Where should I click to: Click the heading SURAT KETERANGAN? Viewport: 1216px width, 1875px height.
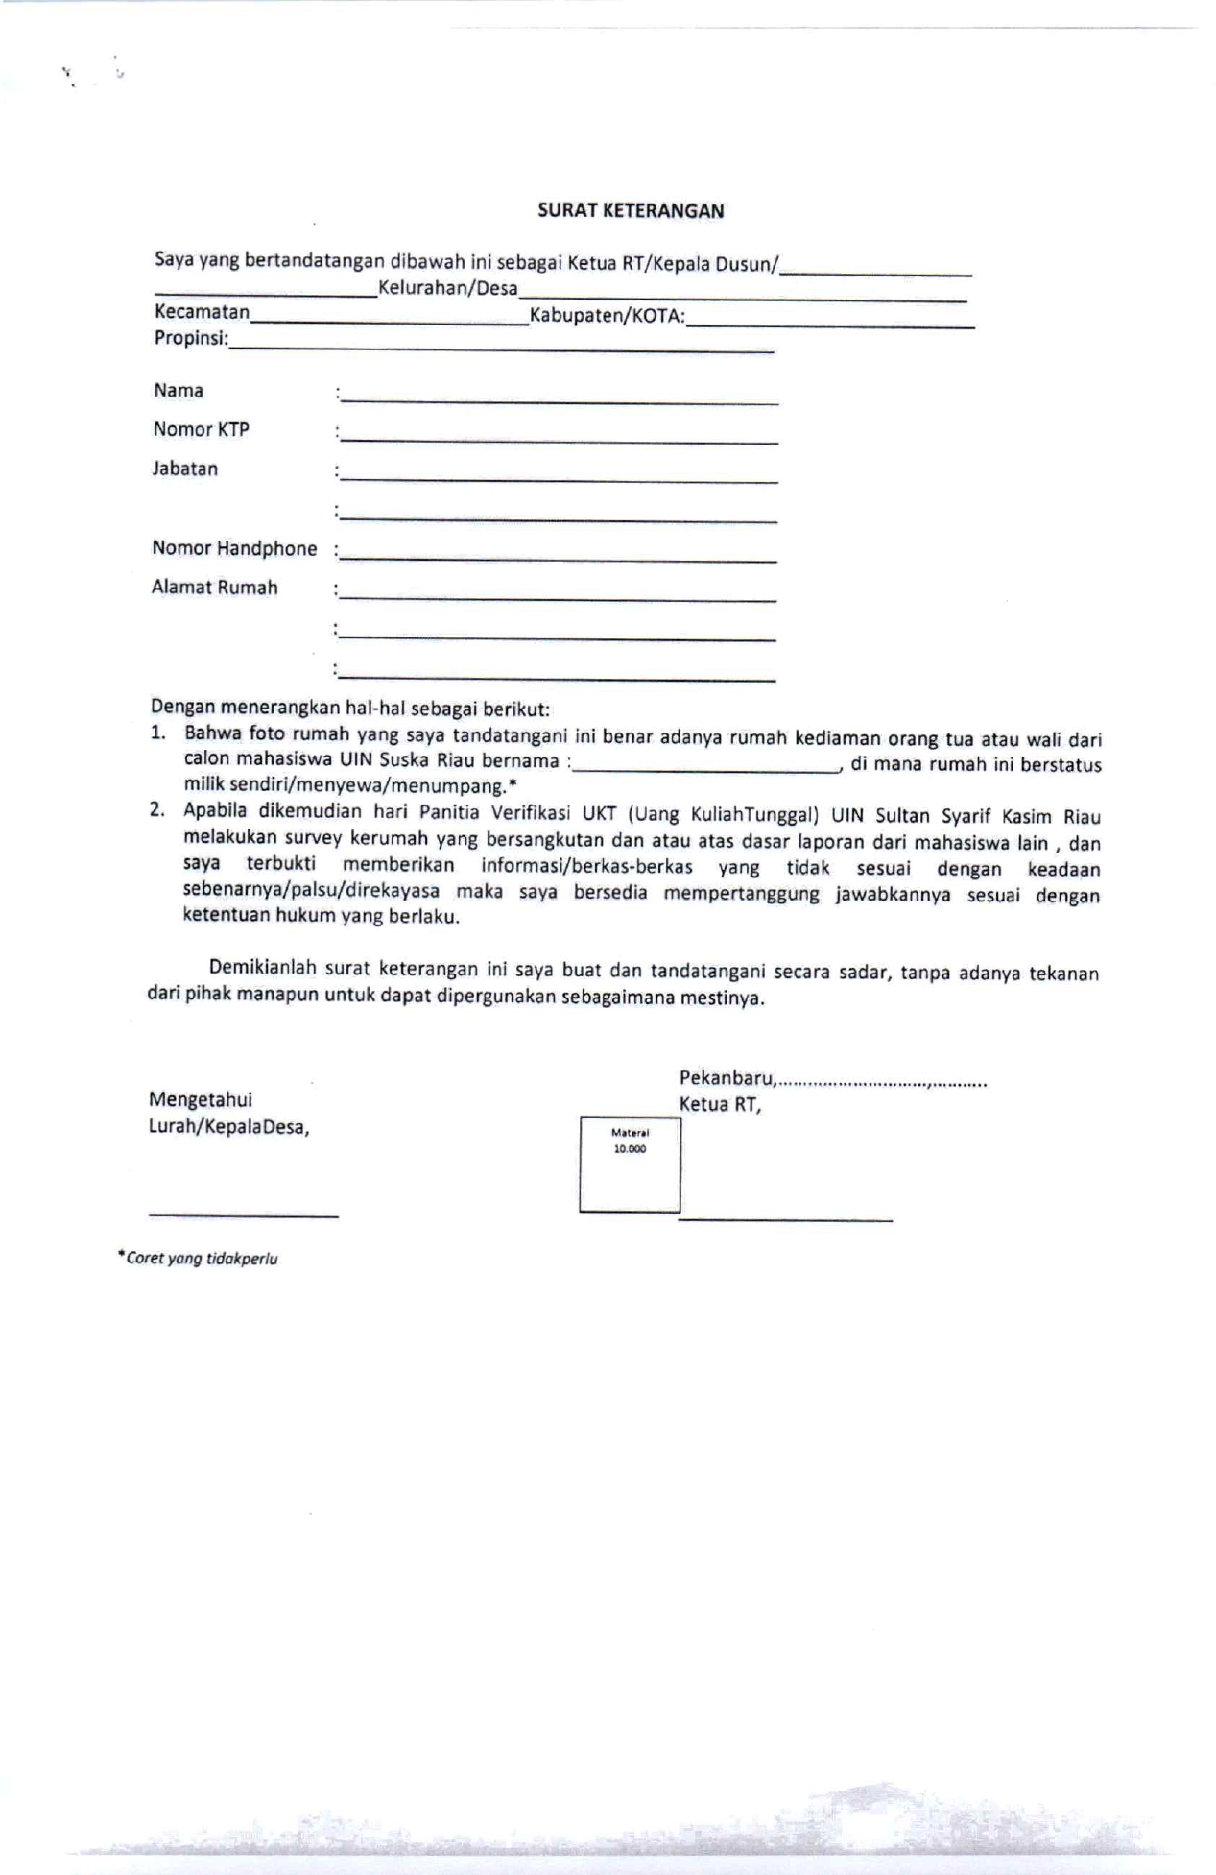tap(630, 211)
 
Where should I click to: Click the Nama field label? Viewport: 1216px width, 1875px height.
tap(179, 391)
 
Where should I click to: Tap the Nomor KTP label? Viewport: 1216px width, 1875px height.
tap(201, 430)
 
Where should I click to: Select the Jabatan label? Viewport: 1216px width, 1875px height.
tap(184, 469)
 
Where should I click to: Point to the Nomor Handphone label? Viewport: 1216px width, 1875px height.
tap(234, 549)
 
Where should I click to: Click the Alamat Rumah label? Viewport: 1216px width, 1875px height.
tap(214, 588)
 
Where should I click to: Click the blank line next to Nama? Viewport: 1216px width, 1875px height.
tap(559, 398)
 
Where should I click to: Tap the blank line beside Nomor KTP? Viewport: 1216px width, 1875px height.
tap(559, 438)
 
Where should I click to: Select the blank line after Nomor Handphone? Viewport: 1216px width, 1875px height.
tap(559, 556)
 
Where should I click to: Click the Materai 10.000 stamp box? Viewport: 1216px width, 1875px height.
tap(630, 1164)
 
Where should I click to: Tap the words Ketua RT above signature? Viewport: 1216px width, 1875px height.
tap(720, 1105)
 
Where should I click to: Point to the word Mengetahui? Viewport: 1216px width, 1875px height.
tap(201, 1100)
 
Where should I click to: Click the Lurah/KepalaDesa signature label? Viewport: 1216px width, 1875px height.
tap(228, 1127)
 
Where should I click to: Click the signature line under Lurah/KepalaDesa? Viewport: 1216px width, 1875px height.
tap(244, 1215)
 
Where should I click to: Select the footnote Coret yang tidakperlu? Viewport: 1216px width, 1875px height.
tap(199, 1259)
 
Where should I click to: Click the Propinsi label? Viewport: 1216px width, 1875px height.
tap(191, 338)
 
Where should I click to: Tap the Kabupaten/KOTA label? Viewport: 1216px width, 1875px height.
tap(607, 316)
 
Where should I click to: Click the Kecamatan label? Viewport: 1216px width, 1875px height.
tap(202, 312)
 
